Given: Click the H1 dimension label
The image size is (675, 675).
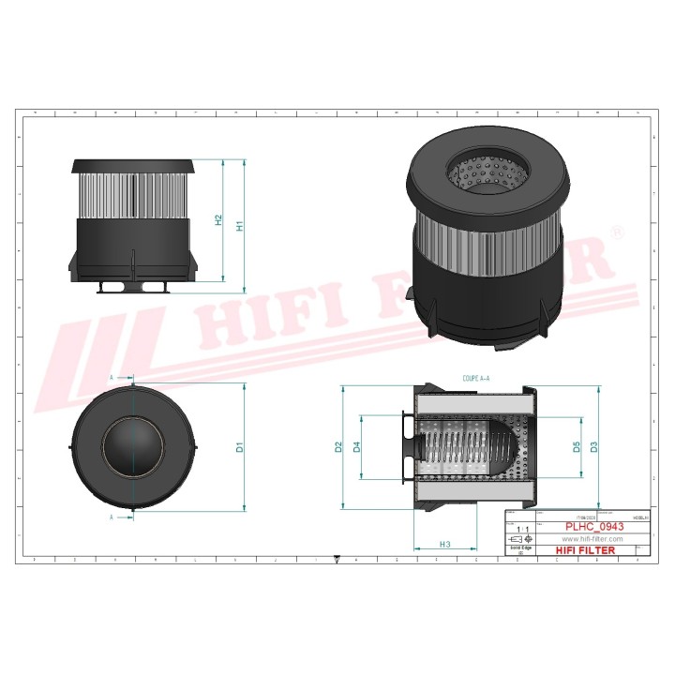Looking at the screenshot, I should [240, 227].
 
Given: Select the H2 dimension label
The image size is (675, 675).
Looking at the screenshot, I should [218, 219].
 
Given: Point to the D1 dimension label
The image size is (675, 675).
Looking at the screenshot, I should [240, 447].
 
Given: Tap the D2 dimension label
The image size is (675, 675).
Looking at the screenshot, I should [338, 447].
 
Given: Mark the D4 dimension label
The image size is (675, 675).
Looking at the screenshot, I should [357, 447].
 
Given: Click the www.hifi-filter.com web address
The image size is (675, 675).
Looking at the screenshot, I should [592, 539].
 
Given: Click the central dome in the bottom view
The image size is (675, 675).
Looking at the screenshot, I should [135, 447].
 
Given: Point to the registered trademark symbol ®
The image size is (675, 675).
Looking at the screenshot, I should [616, 231].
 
